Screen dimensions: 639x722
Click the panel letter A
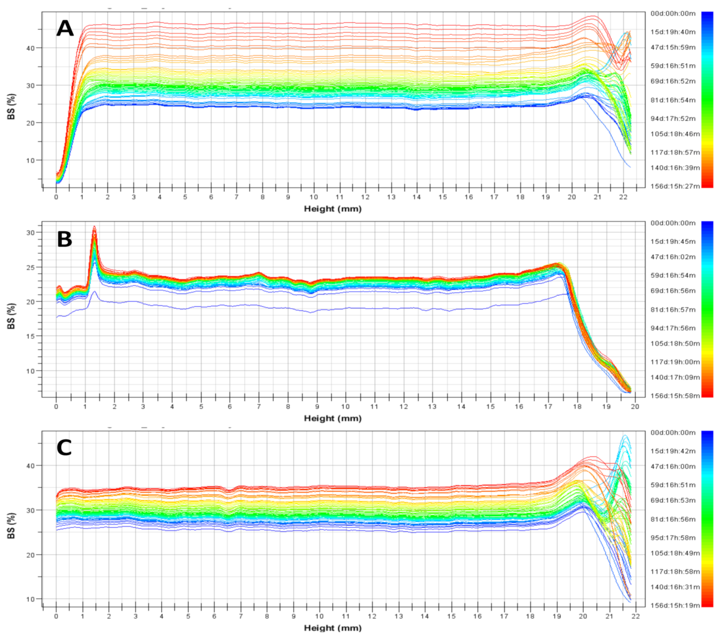point(65,28)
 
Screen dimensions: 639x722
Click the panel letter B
point(64,239)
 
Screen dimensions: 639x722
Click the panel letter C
point(64,448)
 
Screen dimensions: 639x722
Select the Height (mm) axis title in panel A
point(333,209)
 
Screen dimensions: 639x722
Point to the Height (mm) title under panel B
point(333,418)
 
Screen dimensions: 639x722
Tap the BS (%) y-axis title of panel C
point(11,525)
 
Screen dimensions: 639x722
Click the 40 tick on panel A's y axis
point(30,48)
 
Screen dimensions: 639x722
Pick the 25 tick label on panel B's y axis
point(30,267)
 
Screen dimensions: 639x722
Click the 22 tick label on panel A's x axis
point(623,197)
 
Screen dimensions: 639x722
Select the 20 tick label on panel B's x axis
point(635,407)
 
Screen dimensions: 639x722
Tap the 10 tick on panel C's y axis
point(30,599)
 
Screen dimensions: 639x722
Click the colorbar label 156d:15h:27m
point(675,186)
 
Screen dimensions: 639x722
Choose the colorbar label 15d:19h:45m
point(673,242)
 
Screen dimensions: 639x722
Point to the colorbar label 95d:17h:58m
point(673,538)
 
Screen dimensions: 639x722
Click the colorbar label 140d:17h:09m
point(675,377)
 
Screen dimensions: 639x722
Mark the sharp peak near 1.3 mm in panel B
point(94,228)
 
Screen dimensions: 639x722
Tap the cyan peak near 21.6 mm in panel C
point(625,436)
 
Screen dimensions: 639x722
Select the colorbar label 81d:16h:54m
point(673,100)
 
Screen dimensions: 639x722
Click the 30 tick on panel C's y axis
point(30,511)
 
